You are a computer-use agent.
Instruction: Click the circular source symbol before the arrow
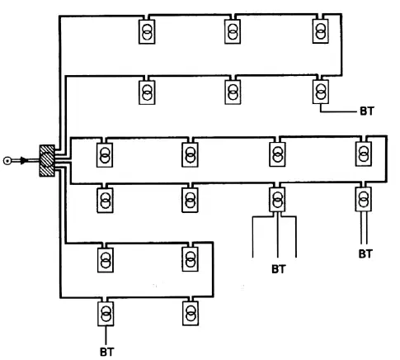(7, 161)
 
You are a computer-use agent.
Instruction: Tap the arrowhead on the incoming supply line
(24, 160)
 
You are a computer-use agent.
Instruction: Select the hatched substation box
(47, 160)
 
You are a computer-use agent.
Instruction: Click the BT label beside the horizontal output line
(367, 111)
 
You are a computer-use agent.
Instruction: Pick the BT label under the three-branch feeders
(279, 269)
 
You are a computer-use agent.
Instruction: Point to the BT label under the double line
(365, 253)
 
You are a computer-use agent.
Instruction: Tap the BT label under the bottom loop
(107, 352)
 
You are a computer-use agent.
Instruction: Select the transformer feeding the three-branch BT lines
(277, 200)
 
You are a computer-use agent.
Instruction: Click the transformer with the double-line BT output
(364, 199)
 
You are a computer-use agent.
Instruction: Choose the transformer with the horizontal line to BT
(321, 92)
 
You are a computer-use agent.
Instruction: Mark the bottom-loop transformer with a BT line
(106, 314)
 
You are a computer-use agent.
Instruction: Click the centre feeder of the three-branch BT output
(278, 234)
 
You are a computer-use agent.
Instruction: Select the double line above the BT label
(364, 228)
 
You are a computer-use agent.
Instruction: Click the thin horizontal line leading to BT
(338, 111)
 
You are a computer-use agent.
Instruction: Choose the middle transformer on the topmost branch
(233, 31)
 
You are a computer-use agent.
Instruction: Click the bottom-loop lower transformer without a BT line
(191, 313)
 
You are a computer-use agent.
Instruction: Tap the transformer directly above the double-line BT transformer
(364, 154)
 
